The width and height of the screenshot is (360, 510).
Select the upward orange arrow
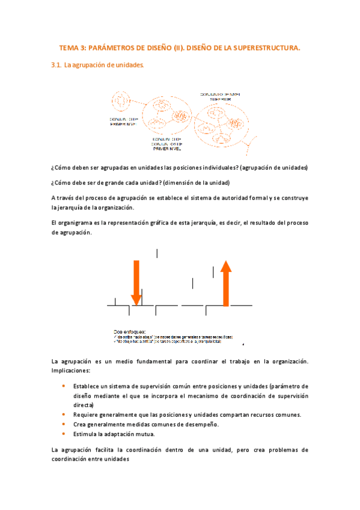pyautogui.click(x=226, y=283)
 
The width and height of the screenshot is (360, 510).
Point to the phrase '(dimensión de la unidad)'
pyautogui.click(x=195, y=183)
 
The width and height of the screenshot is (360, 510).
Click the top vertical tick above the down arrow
pyautogui.click(x=157, y=253)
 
